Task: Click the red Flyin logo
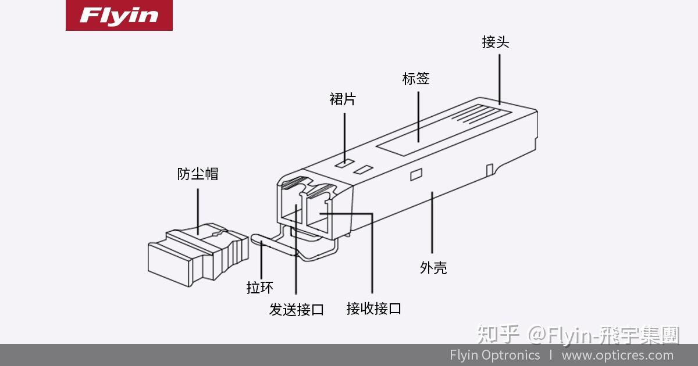tap(119, 16)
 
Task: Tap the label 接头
tap(496, 42)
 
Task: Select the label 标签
tap(416, 78)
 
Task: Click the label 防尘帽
tap(198, 174)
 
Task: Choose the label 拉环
tap(259, 287)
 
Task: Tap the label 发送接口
tap(296, 309)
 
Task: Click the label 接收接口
tap(373, 308)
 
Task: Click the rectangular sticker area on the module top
tap(407, 137)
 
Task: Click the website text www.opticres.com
tap(617, 355)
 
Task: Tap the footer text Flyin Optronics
tap(494, 355)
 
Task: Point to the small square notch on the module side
tap(416, 174)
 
